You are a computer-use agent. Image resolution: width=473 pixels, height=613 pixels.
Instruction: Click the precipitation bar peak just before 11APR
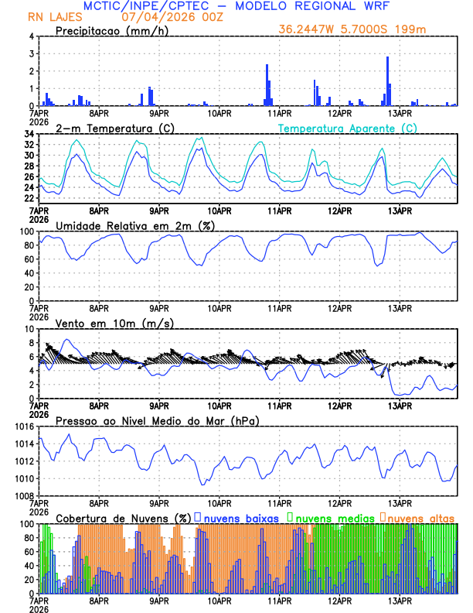[x=267, y=85]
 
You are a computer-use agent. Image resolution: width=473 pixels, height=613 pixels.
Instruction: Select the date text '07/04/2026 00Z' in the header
[x=164, y=16]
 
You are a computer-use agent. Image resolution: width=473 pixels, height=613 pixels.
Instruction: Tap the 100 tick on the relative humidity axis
[x=26, y=232]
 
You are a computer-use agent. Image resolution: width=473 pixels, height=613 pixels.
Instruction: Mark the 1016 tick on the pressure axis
[x=22, y=427]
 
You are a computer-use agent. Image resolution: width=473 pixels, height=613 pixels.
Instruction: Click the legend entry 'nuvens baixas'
[x=243, y=517]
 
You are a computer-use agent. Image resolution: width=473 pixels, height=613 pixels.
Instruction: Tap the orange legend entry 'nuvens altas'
[x=420, y=517]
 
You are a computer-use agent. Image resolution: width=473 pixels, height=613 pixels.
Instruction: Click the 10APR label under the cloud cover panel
[x=219, y=601]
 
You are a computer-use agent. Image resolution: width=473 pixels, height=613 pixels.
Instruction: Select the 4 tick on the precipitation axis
[x=31, y=37]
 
